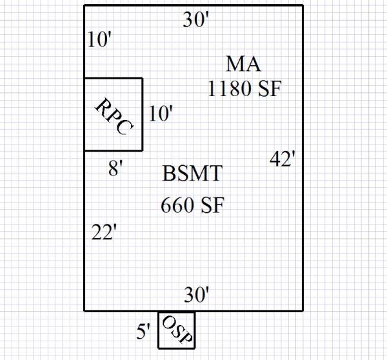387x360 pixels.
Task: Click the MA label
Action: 244,65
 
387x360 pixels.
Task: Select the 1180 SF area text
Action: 244,88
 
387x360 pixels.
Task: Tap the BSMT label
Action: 192,174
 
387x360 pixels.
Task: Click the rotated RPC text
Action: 114,116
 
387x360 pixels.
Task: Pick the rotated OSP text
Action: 176,330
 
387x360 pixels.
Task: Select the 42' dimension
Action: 283,159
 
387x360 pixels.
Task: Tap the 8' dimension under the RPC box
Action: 115,171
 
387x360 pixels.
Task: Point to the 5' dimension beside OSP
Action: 143,332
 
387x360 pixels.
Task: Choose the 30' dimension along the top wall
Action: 196,21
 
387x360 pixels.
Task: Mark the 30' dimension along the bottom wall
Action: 197,295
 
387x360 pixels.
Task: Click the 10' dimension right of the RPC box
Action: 161,114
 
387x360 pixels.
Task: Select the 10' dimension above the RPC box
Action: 100,40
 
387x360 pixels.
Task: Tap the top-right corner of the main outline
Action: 303,6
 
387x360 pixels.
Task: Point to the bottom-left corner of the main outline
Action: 85,310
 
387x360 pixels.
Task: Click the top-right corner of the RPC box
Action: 143,78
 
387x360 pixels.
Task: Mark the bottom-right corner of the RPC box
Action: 143,151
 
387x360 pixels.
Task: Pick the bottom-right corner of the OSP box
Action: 194,348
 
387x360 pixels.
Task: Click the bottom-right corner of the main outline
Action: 303,310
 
